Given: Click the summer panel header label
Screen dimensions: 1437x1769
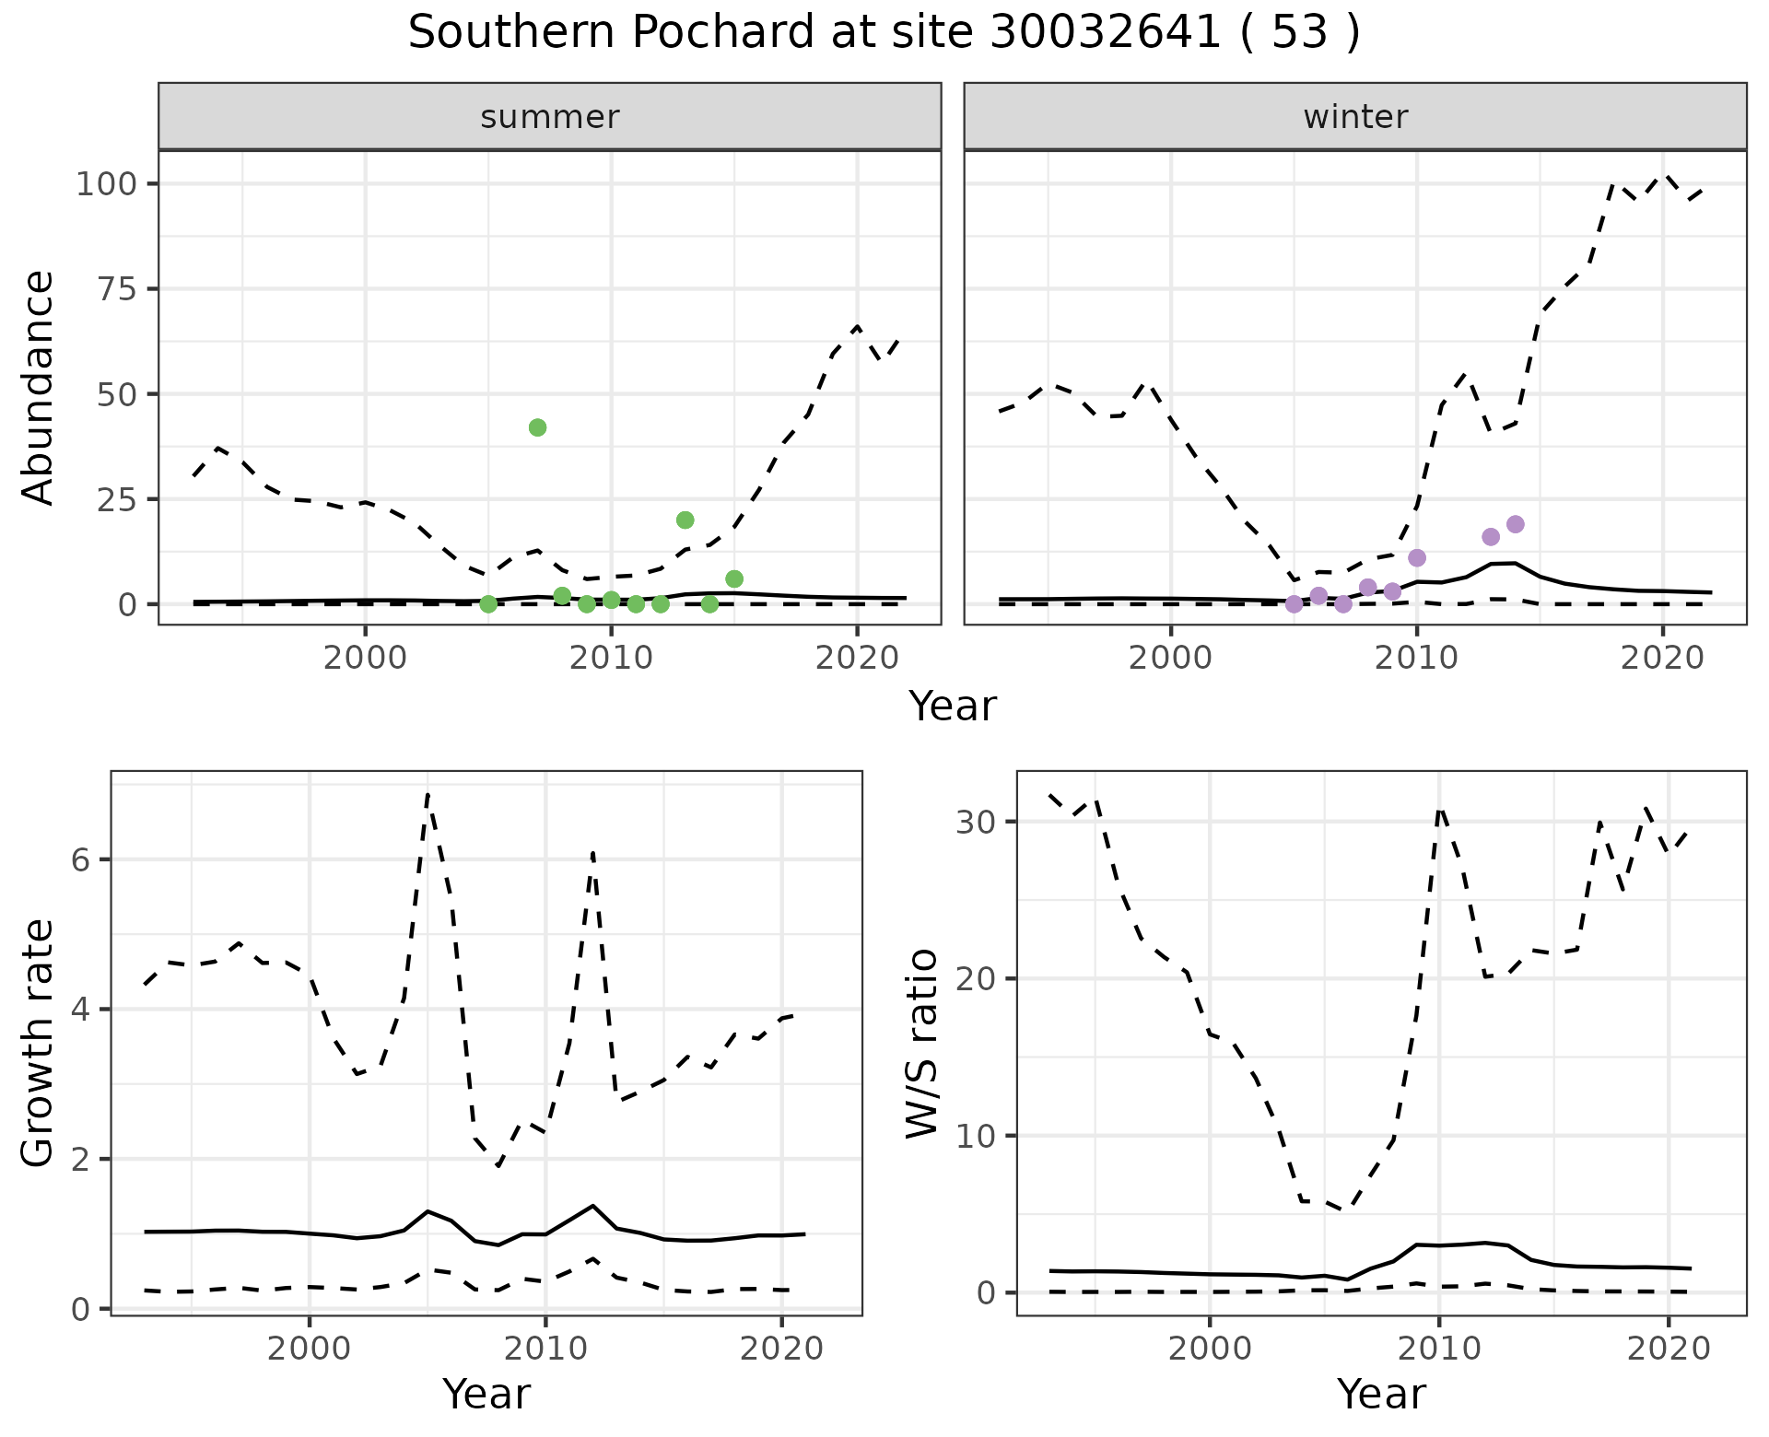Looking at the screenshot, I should [550, 117].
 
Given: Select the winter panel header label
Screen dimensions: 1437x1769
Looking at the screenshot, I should [1355, 117].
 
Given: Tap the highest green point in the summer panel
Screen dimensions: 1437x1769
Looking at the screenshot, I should [538, 427].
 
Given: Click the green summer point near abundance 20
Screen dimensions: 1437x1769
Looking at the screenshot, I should [685, 520].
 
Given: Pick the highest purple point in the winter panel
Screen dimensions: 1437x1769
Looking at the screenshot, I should [1516, 524].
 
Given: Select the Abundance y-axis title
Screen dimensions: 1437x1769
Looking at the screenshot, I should [39, 388].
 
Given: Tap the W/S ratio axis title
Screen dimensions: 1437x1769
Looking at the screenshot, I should [921, 1043].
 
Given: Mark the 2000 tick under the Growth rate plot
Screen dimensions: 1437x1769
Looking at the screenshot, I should [310, 1349].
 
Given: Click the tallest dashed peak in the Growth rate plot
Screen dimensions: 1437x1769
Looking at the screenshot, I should [428, 794].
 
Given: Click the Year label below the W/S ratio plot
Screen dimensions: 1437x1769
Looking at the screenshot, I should [1381, 1394].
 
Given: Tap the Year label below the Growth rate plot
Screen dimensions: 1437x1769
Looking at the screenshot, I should [486, 1394].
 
